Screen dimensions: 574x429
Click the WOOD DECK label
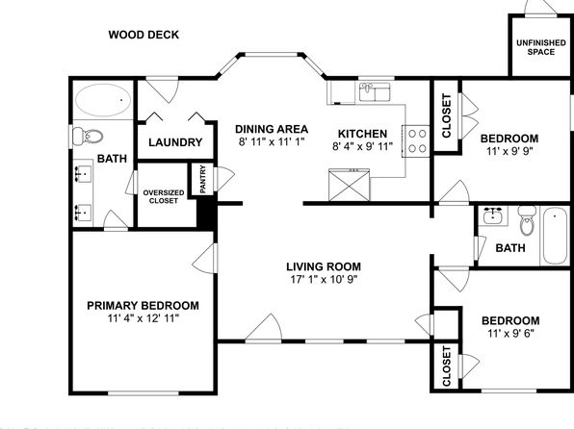pyautogui.click(x=143, y=35)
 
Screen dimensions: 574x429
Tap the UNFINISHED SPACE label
pyautogui.click(x=540, y=47)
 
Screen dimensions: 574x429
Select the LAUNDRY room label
pyautogui.click(x=175, y=142)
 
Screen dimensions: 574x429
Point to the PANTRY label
pyautogui.click(x=203, y=179)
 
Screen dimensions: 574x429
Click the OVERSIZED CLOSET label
pyautogui.click(x=164, y=197)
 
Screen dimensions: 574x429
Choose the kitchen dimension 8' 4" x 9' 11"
pyautogui.click(x=362, y=146)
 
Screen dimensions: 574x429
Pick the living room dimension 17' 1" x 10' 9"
pyautogui.click(x=324, y=279)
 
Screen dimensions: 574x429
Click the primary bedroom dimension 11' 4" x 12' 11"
pyautogui.click(x=143, y=318)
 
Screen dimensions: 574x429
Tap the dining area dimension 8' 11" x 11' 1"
pyautogui.click(x=272, y=141)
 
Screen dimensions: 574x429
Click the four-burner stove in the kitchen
pyautogui.click(x=416, y=141)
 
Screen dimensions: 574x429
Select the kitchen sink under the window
pyautogui.click(x=375, y=91)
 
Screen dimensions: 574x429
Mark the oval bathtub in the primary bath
pyautogui.click(x=103, y=100)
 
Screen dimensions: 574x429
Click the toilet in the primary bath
pyautogui.click(x=87, y=137)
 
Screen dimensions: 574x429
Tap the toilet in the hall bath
pyautogui.click(x=527, y=220)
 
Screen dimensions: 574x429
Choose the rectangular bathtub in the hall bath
pyautogui.click(x=555, y=236)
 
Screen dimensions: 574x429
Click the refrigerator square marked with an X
pyautogui.click(x=350, y=185)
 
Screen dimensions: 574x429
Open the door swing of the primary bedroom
pyautogui.click(x=204, y=258)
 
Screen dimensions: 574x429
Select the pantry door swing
pyautogui.click(x=223, y=179)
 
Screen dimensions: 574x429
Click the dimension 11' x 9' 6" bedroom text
pyautogui.click(x=510, y=334)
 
